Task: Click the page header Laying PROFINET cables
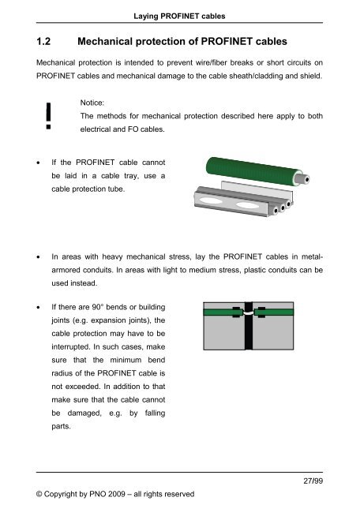(x=179, y=8)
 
